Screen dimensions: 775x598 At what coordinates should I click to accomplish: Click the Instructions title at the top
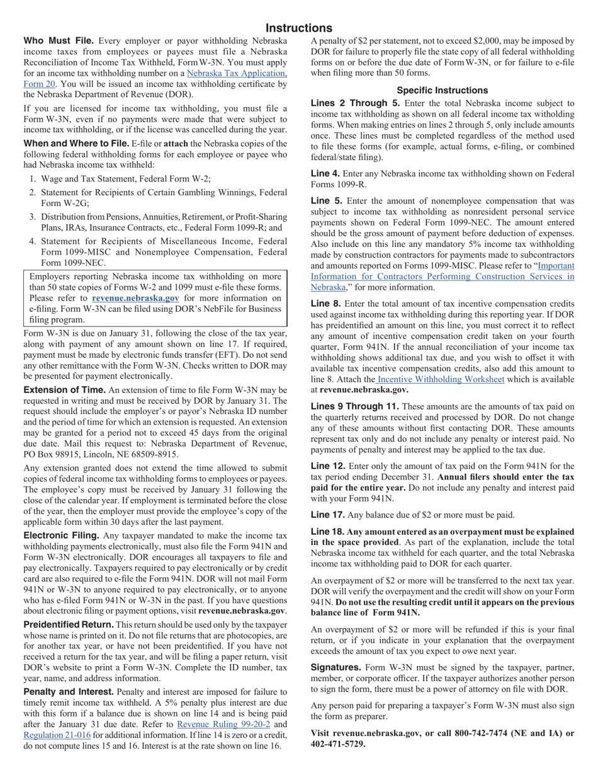click(298, 28)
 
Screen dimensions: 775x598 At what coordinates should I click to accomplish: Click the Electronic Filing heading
click(62, 535)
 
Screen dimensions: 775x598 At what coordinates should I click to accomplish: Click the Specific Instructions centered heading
click(442, 90)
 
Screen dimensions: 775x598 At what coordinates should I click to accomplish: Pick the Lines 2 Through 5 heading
click(355, 103)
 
